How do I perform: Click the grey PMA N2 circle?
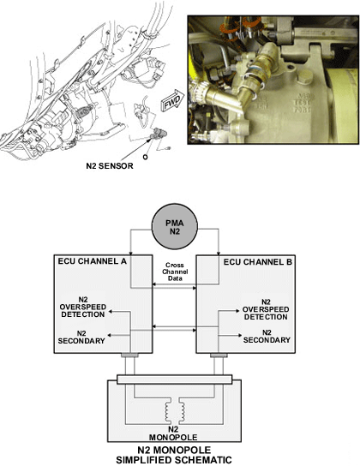point(175,227)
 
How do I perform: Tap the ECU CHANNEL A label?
point(93,261)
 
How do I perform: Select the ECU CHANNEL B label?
point(258,262)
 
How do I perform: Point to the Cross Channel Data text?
point(175,272)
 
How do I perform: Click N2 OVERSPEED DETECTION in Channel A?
point(83,307)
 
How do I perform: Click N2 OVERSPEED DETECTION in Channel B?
point(266,309)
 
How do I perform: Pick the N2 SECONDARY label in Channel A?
point(81,337)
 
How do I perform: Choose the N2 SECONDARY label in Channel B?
point(267,336)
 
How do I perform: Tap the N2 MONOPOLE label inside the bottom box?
point(173,433)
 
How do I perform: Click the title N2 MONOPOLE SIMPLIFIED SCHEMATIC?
point(174,455)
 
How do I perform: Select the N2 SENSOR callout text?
point(110,166)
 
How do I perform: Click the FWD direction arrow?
point(172,100)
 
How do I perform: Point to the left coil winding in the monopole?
point(169,412)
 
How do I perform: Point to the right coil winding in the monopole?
point(182,412)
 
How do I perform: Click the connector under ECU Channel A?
point(129,355)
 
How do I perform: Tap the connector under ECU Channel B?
point(219,355)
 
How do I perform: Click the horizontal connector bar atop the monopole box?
point(174,379)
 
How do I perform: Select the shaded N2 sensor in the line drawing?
point(159,134)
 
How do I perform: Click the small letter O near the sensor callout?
point(145,157)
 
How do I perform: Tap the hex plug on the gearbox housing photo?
point(306,77)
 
